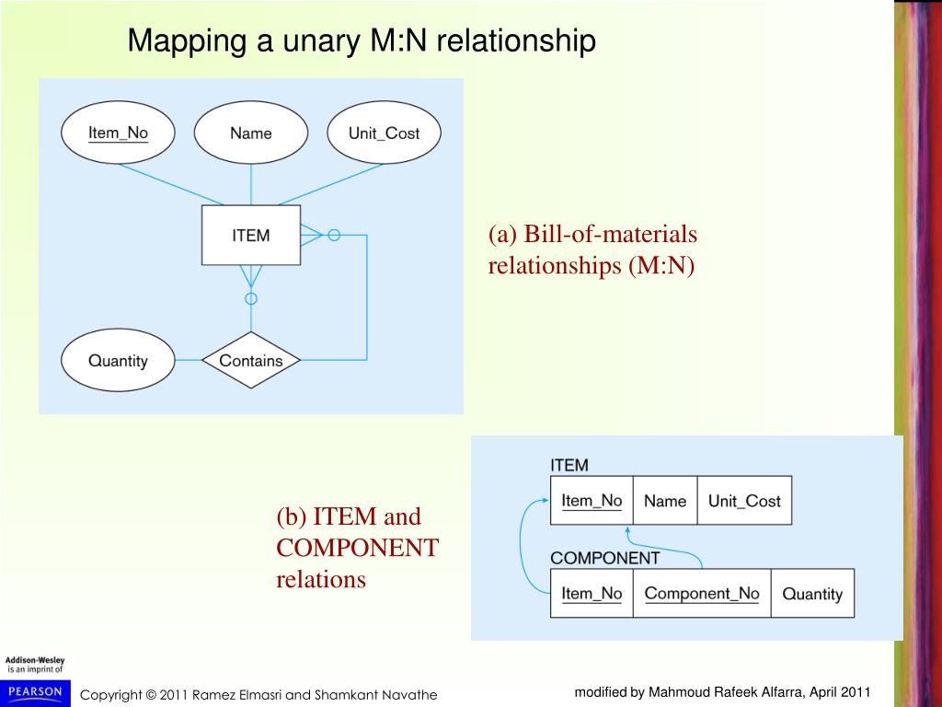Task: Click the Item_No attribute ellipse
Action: pyautogui.click(x=118, y=133)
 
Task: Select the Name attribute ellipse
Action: pyautogui.click(x=250, y=133)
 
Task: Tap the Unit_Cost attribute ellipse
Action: pyautogui.click(x=384, y=133)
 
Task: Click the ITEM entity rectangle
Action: pyautogui.click(x=251, y=235)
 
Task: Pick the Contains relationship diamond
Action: pyautogui.click(x=251, y=360)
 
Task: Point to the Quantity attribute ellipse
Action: pyautogui.click(x=118, y=360)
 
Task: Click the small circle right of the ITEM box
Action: pyautogui.click(x=334, y=235)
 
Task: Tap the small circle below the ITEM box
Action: pyautogui.click(x=251, y=298)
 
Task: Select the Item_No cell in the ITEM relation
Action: pyautogui.click(x=592, y=500)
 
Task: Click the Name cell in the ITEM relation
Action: pyautogui.click(x=665, y=500)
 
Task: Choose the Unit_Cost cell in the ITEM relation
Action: pyautogui.click(x=744, y=500)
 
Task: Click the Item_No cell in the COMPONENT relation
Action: pyautogui.click(x=592, y=594)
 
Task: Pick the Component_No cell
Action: pyautogui.click(x=702, y=594)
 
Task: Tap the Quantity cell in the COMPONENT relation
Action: pyautogui.click(x=812, y=594)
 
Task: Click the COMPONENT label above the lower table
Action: pyautogui.click(x=605, y=558)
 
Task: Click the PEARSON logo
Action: pyautogui.click(x=36, y=692)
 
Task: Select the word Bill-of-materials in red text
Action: pyautogui.click(x=611, y=234)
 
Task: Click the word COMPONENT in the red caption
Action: pyautogui.click(x=358, y=548)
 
